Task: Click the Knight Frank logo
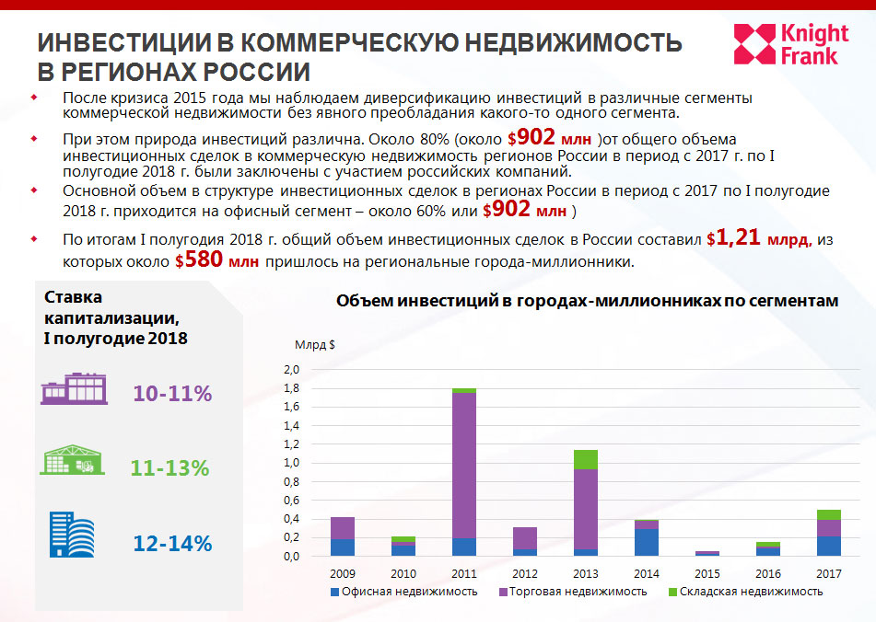[x=786, y=44]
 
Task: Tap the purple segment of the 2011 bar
[x=463, y=465]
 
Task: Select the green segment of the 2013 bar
[x=585, y=459]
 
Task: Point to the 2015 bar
[x=707, y=553]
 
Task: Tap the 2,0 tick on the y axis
[x=290, y=370]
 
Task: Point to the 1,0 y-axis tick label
[x=290, y=463]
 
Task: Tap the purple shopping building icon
[x=73, y=390]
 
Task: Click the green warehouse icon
[x=73, y=460]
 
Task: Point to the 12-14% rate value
[x=172, y=543]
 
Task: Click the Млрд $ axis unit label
[x=315, y=345]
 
